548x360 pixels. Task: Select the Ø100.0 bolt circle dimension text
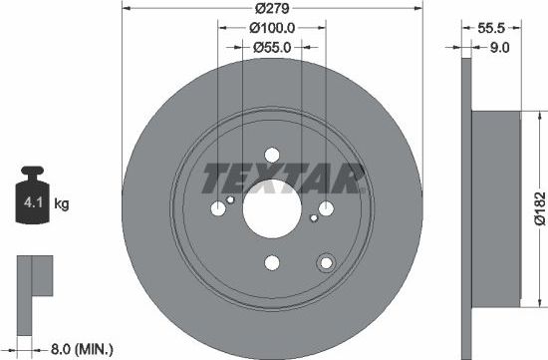click(x=272, y=29)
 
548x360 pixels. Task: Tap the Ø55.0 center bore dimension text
click(x=272, y=47)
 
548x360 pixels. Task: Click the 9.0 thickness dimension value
click(x=500, y=47)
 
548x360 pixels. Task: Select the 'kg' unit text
click(x=61, y=205)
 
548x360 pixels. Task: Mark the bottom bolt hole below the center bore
click(x=271, y=263)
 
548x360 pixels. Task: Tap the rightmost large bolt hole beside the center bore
click(x=326, y=207)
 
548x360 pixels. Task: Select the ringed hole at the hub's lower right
click(x=324, y=262)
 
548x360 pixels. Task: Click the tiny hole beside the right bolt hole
click(x=312, y=214)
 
